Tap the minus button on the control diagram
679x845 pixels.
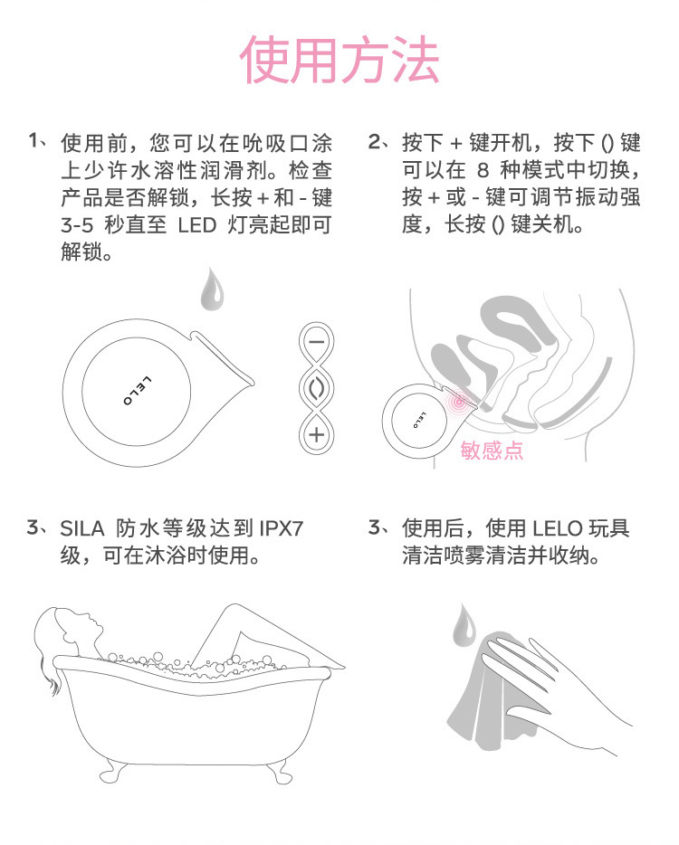click(316, 343)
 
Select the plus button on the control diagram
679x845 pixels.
click(316, 434)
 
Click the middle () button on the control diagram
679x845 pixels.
click(316, 388)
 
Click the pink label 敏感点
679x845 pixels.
click(492, 450)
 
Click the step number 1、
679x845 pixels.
click(39, 142)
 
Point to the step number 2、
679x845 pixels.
click(381, 142)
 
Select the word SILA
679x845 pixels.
click(84, 527)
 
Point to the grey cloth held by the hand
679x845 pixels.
click(489, 697)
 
